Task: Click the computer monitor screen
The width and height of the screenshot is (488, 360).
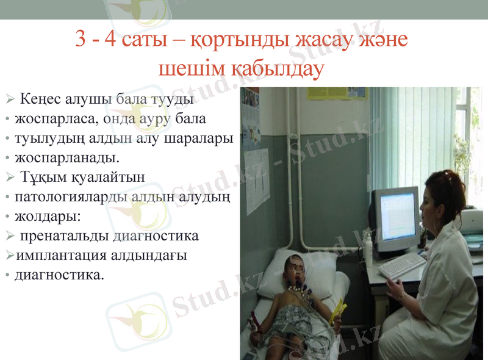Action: [x=396, y=217]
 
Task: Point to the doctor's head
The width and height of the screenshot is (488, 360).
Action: [x=446, y=195]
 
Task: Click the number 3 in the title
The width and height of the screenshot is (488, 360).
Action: [x=81, y=40]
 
